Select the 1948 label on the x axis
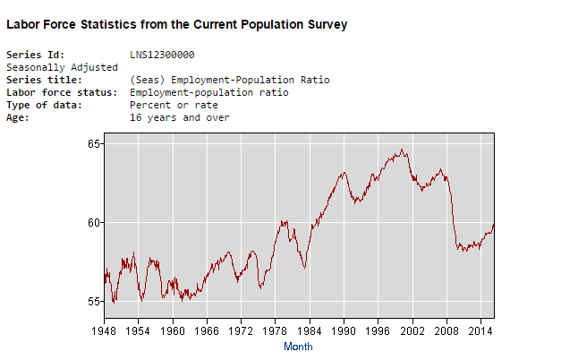(x=105, y=331)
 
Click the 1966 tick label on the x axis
(x=207, y=331)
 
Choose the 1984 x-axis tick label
(x=310, y=331)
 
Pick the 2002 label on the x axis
(x=412, y=331)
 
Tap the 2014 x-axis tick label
(x=480, y=331)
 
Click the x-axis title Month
(x=298, y=346)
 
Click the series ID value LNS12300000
(x=162, y=55)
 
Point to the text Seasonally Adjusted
(x=63, y=67)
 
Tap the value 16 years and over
(x=180, y=117)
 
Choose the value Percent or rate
(x=174, y=105)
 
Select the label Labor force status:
(x=62, y=92)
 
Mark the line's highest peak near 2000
(x=402, y=150)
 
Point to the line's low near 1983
(x=305, y=268)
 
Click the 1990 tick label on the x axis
(x=344, y=331)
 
